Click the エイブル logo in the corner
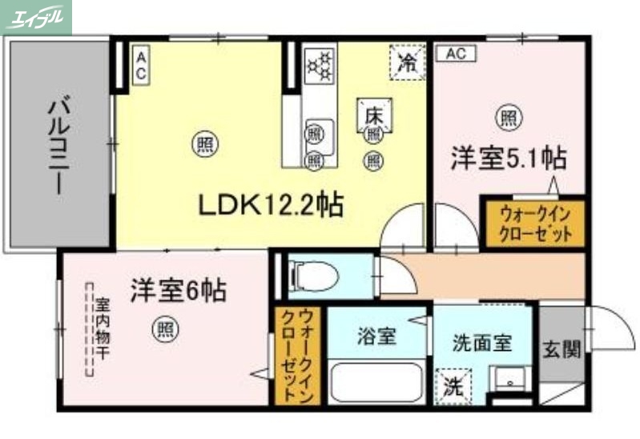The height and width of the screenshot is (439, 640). click(x=36, y=17)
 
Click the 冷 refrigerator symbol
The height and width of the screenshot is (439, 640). click(x=409, y=61)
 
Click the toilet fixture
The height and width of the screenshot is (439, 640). click(x=314, y=276)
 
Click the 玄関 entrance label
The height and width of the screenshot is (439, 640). click(x=562, y=350)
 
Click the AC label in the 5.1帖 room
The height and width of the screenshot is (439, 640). click(x=456, y=54)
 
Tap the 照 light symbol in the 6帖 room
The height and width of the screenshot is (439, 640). click(x=165, y=329)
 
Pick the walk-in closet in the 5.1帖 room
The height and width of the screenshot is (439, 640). click(x=535, y=224)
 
